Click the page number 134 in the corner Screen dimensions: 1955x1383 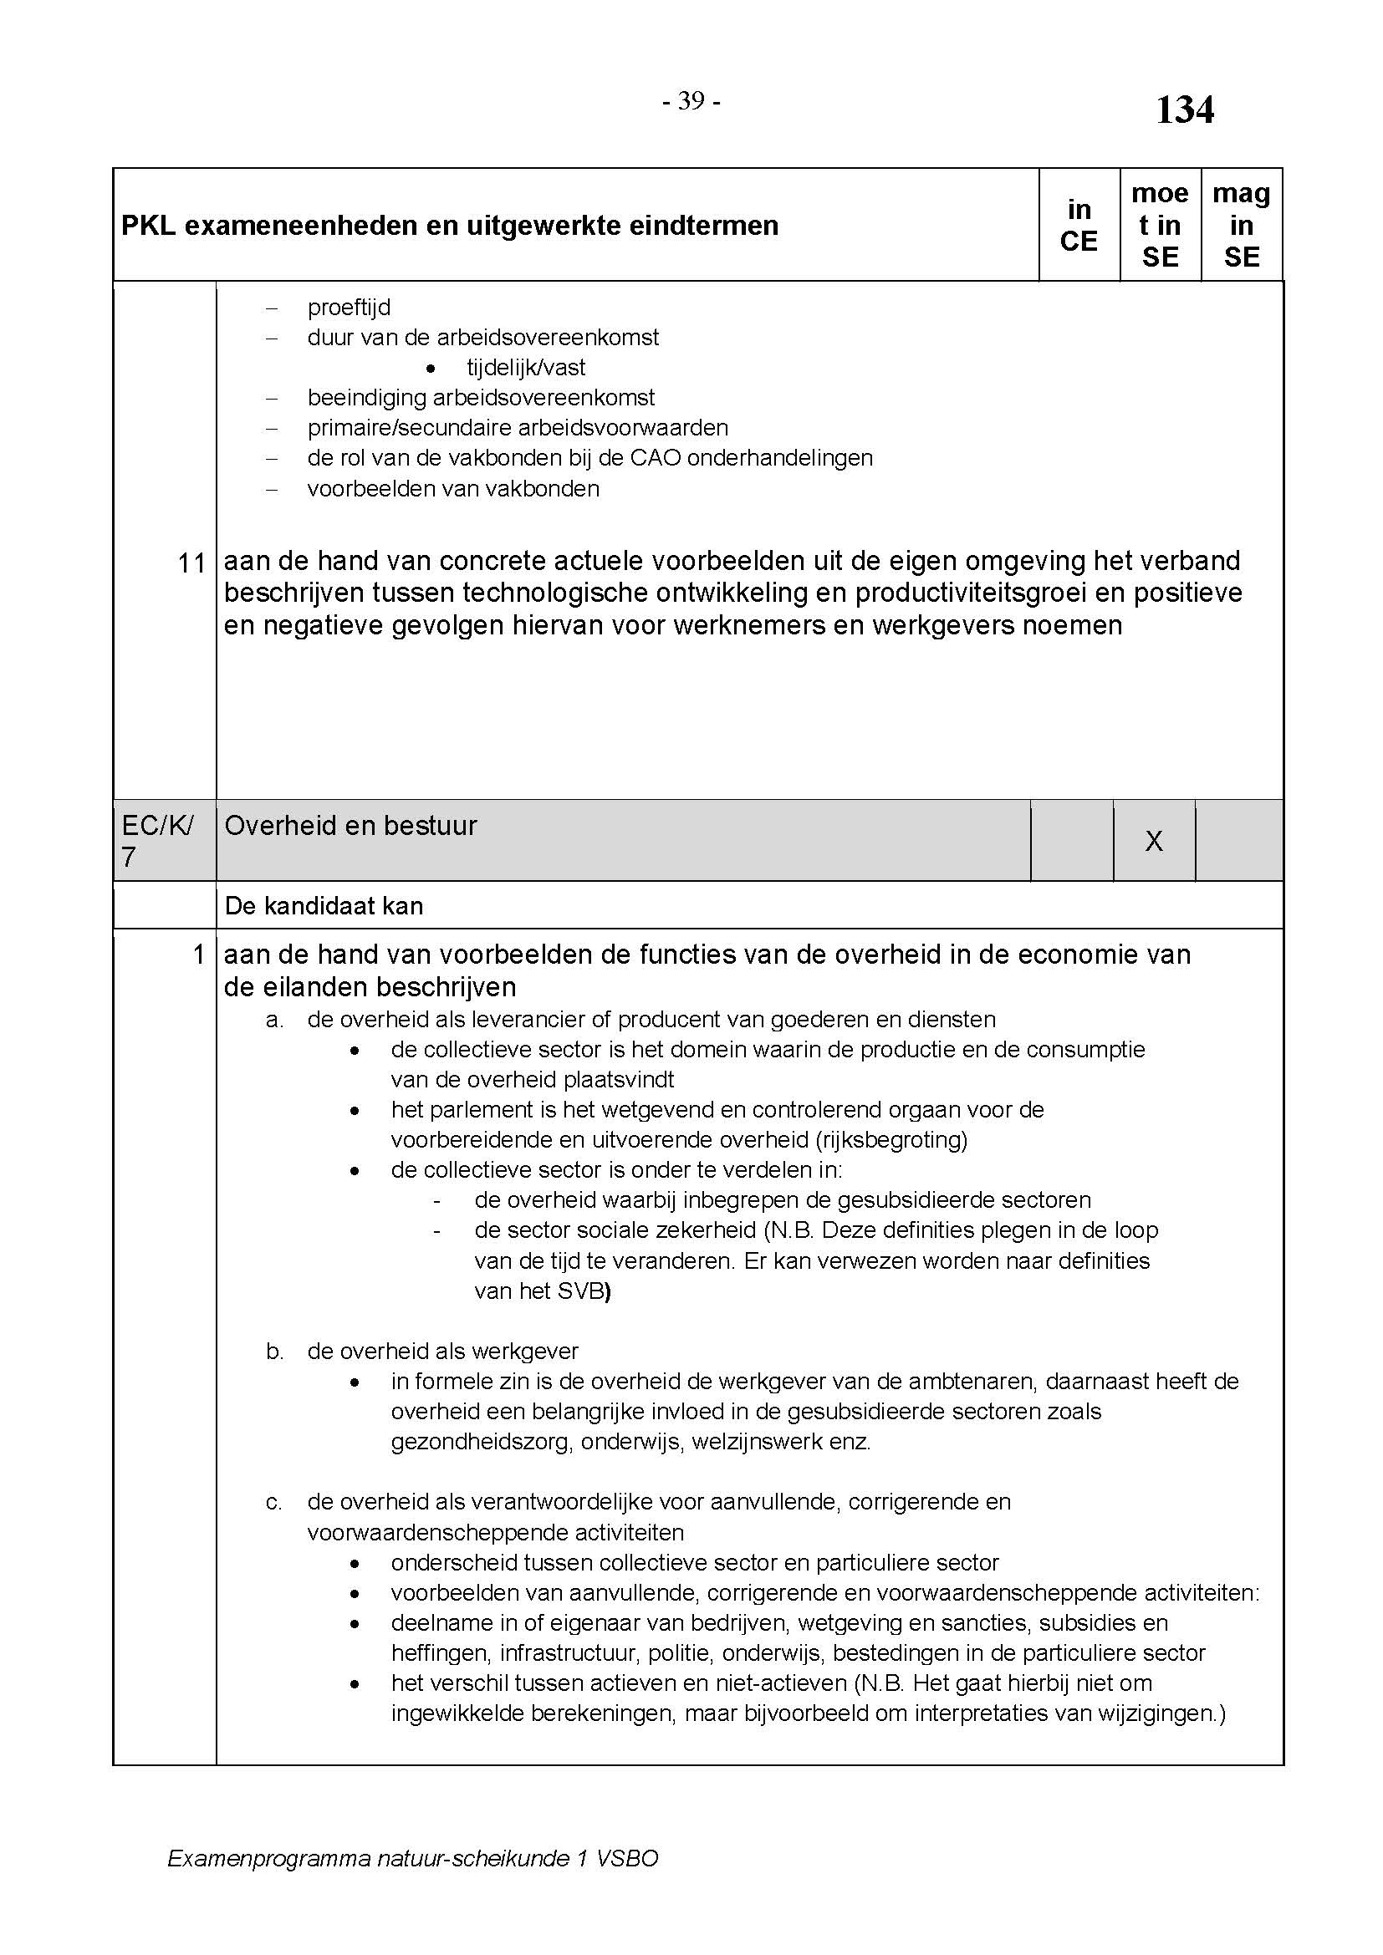pos(1184,109)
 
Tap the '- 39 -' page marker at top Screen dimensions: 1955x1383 pos(691,101)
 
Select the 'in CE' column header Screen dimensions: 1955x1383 pos(1078,225)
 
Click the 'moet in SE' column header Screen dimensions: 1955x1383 pos(1159,225)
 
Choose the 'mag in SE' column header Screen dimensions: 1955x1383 pos(1241,225)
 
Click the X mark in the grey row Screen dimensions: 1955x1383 pos(1153,842)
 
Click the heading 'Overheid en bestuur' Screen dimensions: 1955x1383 pos(350,825)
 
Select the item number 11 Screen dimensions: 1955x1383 pos(191,563)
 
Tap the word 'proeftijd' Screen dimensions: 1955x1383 pos(349,308)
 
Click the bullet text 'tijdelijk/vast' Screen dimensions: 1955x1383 pos(525,368)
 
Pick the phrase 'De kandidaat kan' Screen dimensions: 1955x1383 pos(324,905)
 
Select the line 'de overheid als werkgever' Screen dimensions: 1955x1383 pos(442,1352)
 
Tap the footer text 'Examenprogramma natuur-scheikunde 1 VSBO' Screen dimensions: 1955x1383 pos(412,1858)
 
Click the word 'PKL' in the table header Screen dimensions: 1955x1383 pos(148,226)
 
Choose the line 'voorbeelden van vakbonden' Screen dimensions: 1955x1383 pos(453,489)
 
